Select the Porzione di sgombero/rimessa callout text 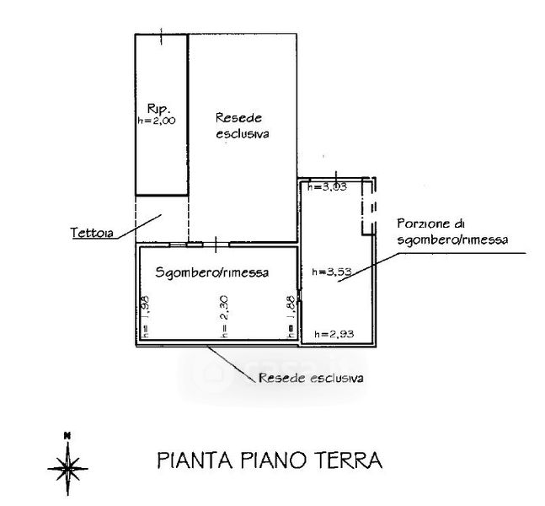[x=451, y=232]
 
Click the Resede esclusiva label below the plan [x=312, y=378]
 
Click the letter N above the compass [x=66, y=435]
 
